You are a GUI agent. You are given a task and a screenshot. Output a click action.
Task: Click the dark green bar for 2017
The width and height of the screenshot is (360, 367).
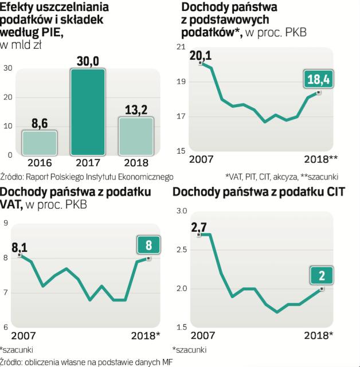pos(88,112)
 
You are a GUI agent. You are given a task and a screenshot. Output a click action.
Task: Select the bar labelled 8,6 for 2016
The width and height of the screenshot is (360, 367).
pos(40,143)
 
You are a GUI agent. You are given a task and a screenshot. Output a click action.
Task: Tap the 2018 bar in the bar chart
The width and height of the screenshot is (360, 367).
pos(135,136)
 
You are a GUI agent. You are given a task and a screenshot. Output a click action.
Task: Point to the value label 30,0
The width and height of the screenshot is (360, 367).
pos(88,60)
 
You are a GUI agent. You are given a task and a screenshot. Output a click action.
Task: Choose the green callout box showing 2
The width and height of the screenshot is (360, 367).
pos(322,276)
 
